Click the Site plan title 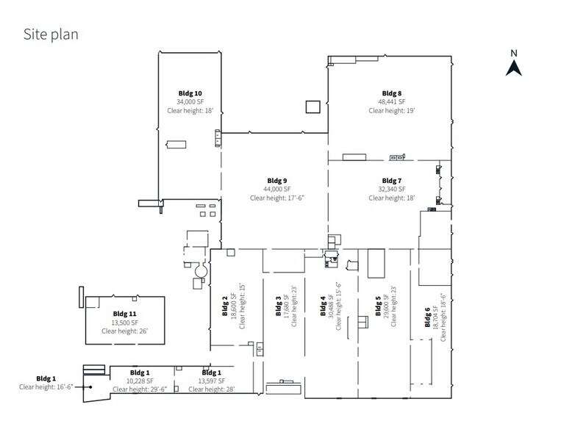[51, 34]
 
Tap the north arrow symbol [514, 68]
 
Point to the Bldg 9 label [276, 180]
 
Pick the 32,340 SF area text [392, 189]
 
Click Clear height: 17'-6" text [276, 198]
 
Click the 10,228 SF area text [140, 381]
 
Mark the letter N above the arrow [514, 52]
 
